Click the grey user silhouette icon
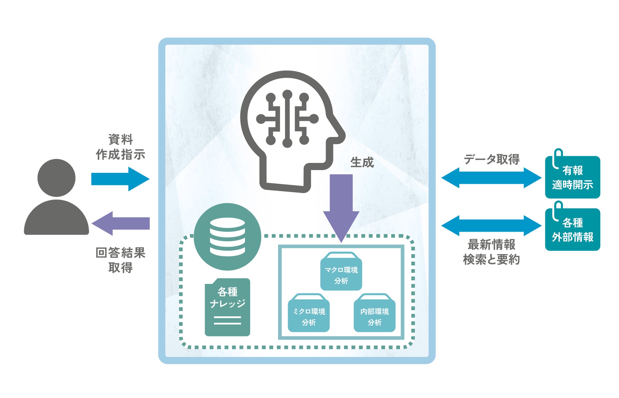point(57,197)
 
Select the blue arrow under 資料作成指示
point(120,179)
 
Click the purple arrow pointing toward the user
point(121,223)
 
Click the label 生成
point(362,163)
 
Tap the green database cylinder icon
point(227,237)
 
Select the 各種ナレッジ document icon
point(227,307)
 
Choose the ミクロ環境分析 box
point(309,314)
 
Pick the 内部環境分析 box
point(375,314)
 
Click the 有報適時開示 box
point(572,178)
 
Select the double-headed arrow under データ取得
point(491,178)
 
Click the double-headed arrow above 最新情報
point(491,226)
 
